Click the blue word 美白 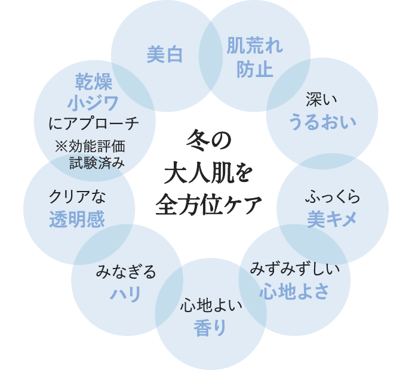(x=165, y=55)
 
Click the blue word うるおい (x=322, y=122)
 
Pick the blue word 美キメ (x=332, y=220)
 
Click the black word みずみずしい (x=295, y=269)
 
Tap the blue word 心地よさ (x=294, y=291)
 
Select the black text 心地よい (x=211, y=306)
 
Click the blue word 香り (x=210, y=328)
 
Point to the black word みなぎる (x=126, y=272)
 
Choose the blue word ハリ (x=126, y=294)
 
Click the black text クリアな (x=77, y=196)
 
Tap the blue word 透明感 (x=77, y=220)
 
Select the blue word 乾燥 (x=94, y=81)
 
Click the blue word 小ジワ (x=93, y=103)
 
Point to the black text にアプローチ (x=94, y=124)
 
